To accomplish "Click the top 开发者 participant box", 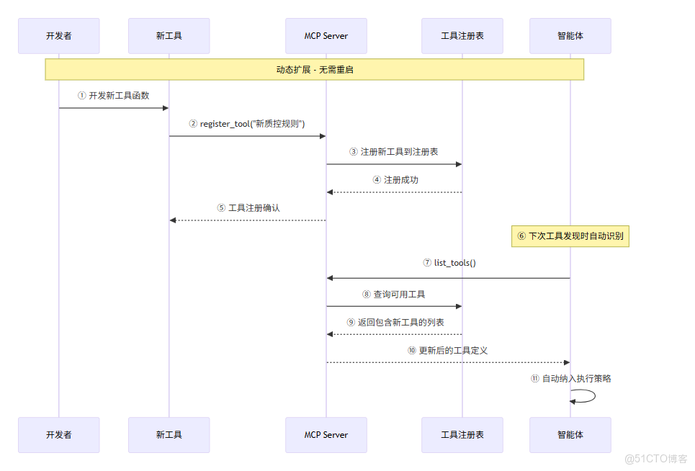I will [x=59, y=36].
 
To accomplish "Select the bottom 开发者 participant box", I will [x=59, y=435].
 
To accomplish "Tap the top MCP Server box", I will [x=326, y=36].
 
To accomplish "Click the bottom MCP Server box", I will [x=326, y=435].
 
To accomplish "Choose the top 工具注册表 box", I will [x=462, y=36].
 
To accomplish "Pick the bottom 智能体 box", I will [x=570, y=435].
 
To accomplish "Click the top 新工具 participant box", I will [x=169, y=36].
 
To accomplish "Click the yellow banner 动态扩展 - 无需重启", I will [x=314, y=70].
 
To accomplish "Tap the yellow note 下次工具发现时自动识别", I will [x=570, y=235].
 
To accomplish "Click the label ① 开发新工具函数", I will [x=114, y=95].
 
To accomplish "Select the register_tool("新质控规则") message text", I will [x=247, y=123].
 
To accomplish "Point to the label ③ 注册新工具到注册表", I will [x=394, y=152].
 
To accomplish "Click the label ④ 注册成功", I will [x=395, y=180].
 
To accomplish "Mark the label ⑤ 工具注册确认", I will [x=248, y=207].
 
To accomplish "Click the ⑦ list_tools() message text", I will [x=449, y=263].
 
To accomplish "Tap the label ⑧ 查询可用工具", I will [x=394, y=295].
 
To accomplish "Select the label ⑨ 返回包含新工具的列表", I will [x=395, y=322].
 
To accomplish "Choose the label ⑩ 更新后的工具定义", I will [x=447, y=350].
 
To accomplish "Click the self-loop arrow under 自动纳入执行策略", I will [x=585, y=396].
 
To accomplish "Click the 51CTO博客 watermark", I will [x=656, y=459].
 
